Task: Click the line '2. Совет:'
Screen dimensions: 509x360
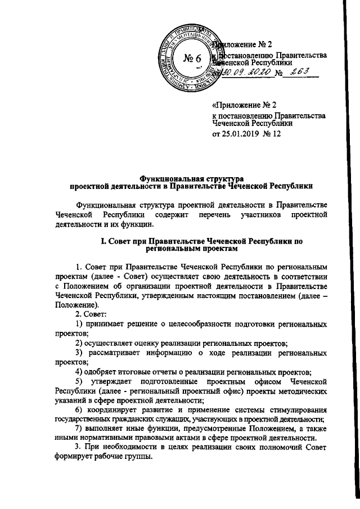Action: pos(93,314)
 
